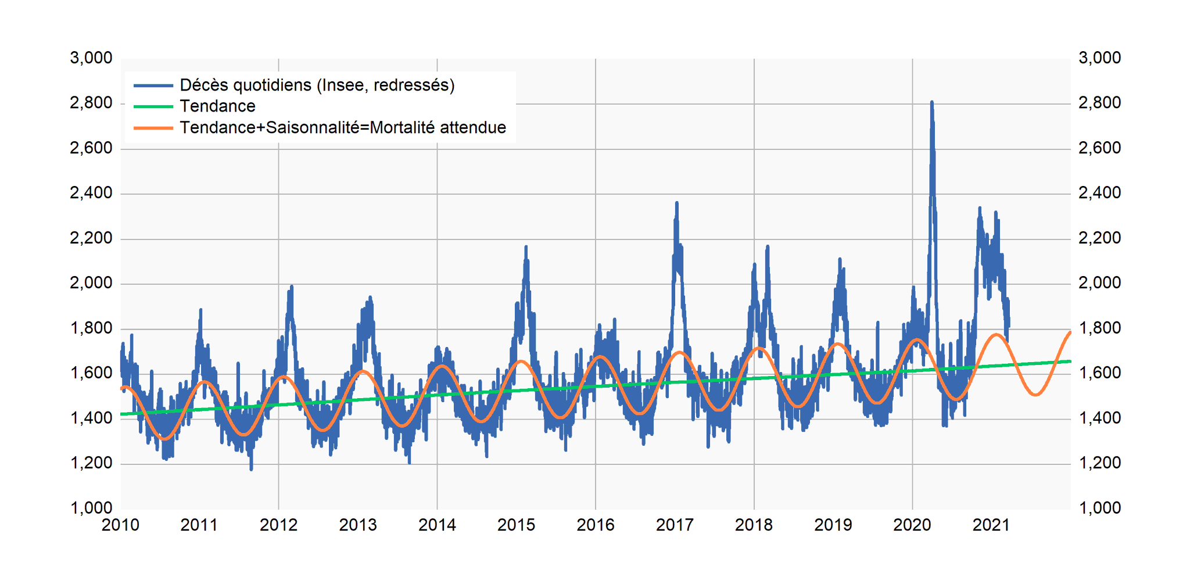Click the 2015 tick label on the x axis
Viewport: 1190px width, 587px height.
(x=516, y=525)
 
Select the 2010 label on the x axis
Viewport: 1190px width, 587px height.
(x=120, y=525)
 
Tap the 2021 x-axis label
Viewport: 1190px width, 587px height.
(x=991, y=525)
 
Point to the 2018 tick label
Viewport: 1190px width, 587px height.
(x=754, y=525)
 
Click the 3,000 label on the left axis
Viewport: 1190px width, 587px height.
(x=91, y=58)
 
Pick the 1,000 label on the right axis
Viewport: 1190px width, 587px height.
(x=1100, y=508)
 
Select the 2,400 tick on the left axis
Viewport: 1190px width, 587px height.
(x=91, y=193)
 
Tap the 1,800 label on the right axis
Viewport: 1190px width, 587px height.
(x=1100, y=328)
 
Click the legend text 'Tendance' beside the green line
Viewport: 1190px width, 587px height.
(x=217, y=106)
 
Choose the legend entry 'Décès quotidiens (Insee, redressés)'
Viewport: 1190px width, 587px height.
(x=317, y=85)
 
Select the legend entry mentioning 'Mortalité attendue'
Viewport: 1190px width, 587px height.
(x=343, y=127)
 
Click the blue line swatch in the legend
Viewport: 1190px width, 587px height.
(x=153, y=85)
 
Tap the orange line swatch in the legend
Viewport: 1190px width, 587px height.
(x=153, y=128)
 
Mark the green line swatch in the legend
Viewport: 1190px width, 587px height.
(x=153, y=106)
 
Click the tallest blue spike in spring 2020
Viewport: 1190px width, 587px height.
(x=932, y=102)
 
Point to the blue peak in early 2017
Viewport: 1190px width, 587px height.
(x=677, y=203)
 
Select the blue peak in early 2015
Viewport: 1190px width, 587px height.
(x=526, y=247)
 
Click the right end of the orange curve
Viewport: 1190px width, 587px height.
(x=1070, y=332)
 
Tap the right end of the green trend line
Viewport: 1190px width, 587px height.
(x=1070, y=361)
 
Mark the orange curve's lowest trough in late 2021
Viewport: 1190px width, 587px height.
(x=1035, y=395)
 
